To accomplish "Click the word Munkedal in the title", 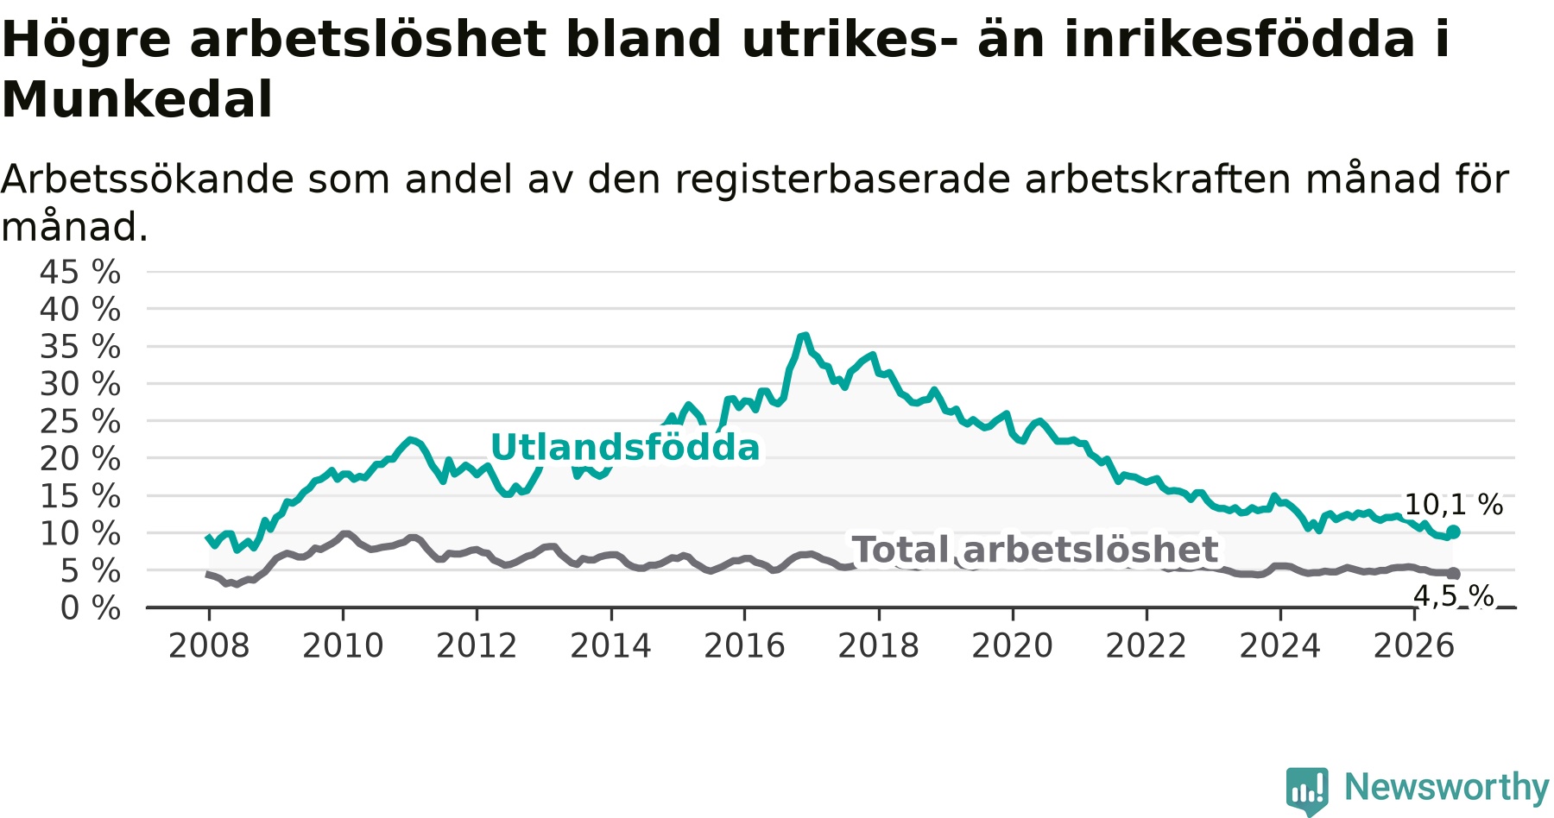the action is pyautogui.click(x=137, y=99).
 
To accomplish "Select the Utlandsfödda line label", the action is pyautogui.click(x=625, y=448).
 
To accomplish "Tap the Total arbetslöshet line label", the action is pyautogui.click(x=1035, y=550).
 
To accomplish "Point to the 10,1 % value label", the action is pyautogui.click(x=1454, y=505).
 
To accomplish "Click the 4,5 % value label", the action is pyautogui.click(x=1454, y=595).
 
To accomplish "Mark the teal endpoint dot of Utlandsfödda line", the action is pyautogui.click(x=1453, y=532).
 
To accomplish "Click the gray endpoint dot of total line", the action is pyautogui.click(x=1453, y=574).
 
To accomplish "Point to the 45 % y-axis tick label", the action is pyautogui.click(x=80, y=273).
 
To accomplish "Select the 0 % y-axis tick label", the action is pyautogui.click(x=91, y=608).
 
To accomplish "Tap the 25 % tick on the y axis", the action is pyautogui.click(x=80, y=422).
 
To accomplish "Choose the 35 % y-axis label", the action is pyautogui.click(x=80, y=347).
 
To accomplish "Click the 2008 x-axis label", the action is pyautogui.click(x=209, y=645).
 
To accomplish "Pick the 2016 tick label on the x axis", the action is pyautogui.click(x=745, y=645).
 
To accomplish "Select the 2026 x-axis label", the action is pyautogui.click(x=1414, y=645).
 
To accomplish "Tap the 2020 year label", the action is pyautogui.click(x=1013, y=645).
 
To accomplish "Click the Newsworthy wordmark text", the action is pyautogui.click(x=1447, y=787).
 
